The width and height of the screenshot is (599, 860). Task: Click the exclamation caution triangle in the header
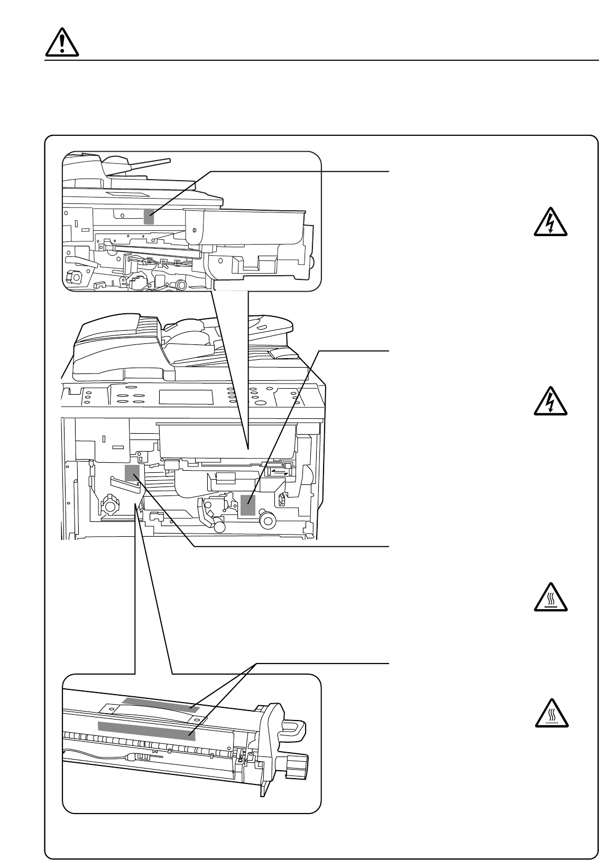(62, 41)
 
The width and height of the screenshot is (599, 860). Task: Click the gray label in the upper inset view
(149, 216)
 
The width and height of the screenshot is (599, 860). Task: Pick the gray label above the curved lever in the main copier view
(132, 473)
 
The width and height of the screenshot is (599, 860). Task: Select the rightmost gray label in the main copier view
(248, 505)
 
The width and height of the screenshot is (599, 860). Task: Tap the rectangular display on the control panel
(186, 397)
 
